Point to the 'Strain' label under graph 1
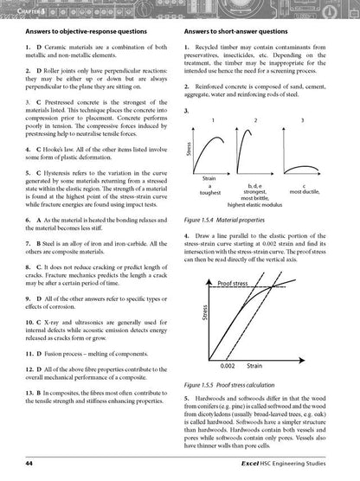209,177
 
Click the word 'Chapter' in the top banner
19,10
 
